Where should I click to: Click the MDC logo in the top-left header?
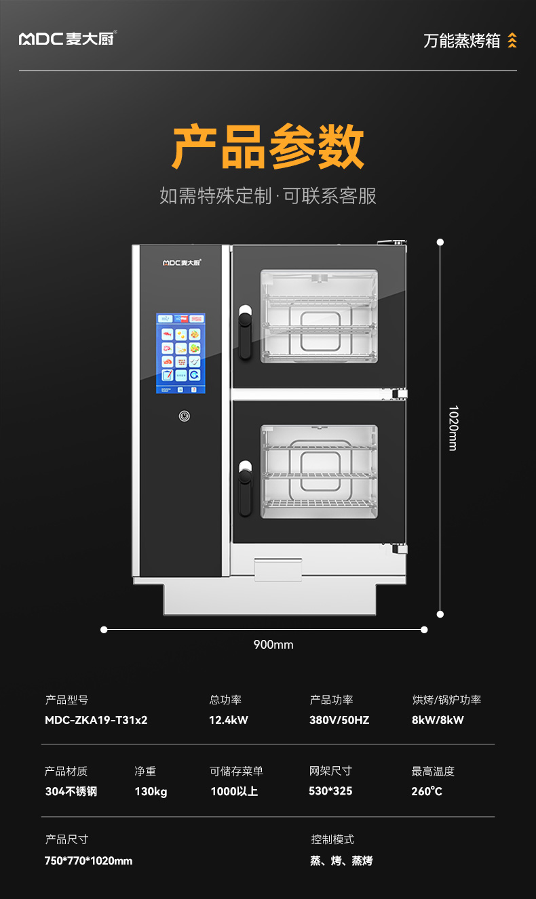click(66, 39)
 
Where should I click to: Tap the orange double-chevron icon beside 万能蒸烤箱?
click(512, 41)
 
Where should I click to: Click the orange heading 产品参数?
click(268, 146)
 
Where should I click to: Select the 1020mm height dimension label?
click(453, 428)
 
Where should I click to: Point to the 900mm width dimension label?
click(273, 645)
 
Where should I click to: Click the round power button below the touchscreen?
click(184, 416)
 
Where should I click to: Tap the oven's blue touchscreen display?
click(180, 353)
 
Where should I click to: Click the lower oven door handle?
click(245, 481)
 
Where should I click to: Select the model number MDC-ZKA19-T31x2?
click(96, 720)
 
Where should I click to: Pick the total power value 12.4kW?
click(229, 720)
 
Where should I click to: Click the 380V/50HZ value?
click(339, 720)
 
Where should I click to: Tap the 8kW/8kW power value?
click(438, 720)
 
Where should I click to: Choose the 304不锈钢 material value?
click(71, 791)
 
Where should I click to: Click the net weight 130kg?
click(151, 791)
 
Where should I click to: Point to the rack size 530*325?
click(330, 791)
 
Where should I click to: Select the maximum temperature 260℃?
click(427, 791)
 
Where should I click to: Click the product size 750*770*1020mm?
click(89, 861)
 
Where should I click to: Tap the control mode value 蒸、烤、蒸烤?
click(341, 861)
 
